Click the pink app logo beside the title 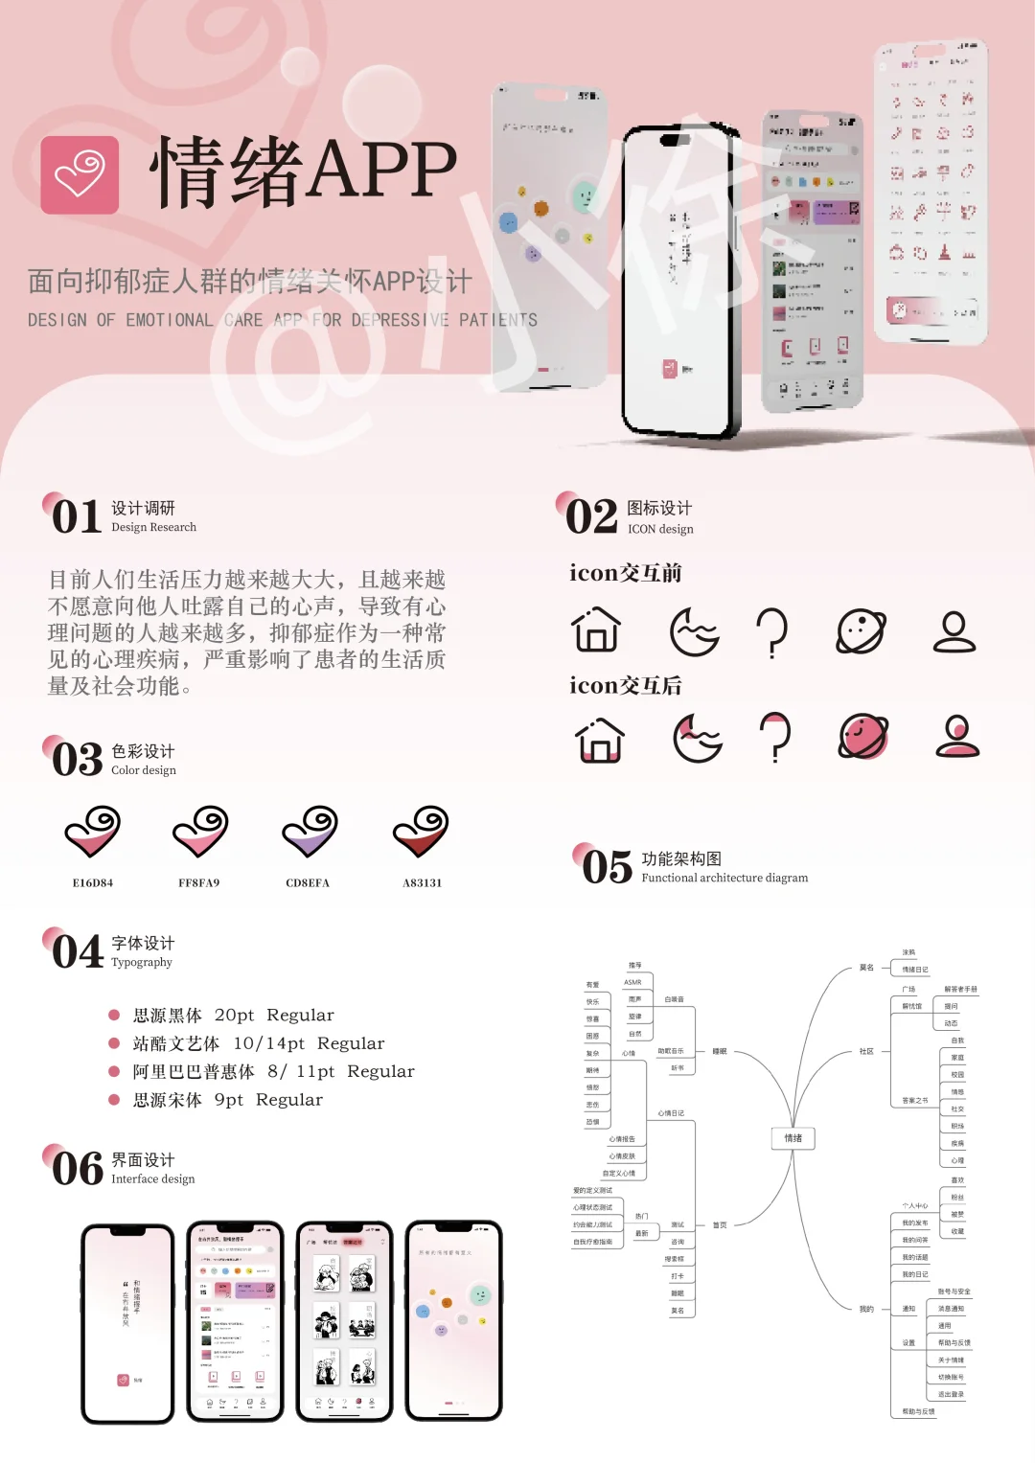(x=80, y=174)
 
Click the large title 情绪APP (x=304, y=171)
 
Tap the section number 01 (x=76, y=517)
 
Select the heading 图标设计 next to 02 (x=659, y=508)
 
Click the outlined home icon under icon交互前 (x=596, y=630)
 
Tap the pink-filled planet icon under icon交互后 (x=863, y=737)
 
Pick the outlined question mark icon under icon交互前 (x=772, y=632)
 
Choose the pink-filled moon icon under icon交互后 (x=697, y=738)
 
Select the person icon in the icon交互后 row (x=957, y=737)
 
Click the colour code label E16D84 (x=93, y=883)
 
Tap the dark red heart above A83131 (x=421, y=831)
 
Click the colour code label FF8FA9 (x=199, y=883)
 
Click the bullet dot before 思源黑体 (x=114, y=1015)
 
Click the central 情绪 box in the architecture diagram (x=793, y=1138)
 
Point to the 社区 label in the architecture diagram (x=866, y=1051)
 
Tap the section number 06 (x=77, y=1169)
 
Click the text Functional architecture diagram (x=724, y=878)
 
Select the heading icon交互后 (x=626, y=686)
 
